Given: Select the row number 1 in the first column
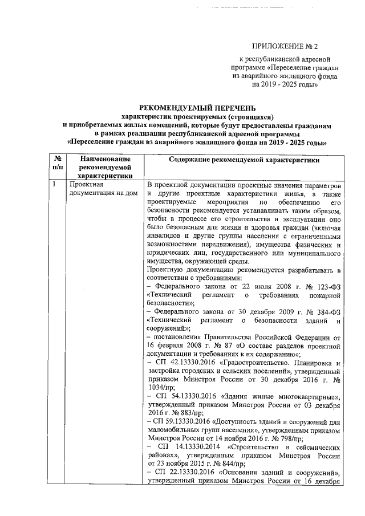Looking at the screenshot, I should (53, 185).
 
